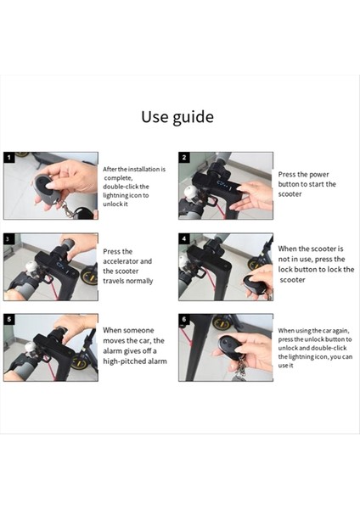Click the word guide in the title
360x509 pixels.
tap(193, 118)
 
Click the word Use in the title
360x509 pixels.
tap(155, 116)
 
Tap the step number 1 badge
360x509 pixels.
tap(8, 158)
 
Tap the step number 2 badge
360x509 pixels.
tap(184, 158)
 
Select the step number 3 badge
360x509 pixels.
tap(8, 238)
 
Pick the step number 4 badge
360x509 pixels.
tap(184, 238)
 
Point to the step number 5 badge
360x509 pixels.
tap(8, 319)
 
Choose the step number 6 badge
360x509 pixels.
tap(184, 319)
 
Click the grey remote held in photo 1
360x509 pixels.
tap(47, 188)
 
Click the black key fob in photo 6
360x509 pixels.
tap(230, 347)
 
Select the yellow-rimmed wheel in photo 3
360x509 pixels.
tap(90, 275)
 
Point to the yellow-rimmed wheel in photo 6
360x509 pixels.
tap(222, 322)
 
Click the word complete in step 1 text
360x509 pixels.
tap(118, 178)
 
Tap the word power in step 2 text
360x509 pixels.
tap(318, 175)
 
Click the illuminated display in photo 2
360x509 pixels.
tap(224, 185)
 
